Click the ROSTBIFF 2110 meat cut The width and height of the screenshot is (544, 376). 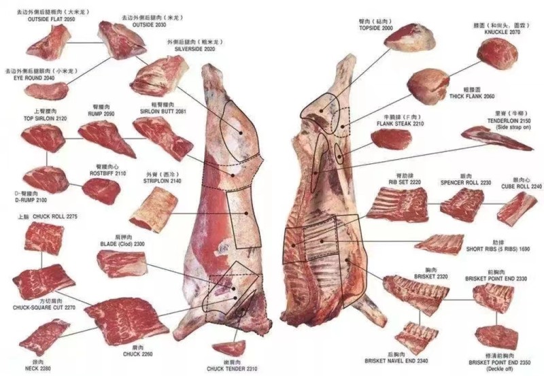(x=101, y=190)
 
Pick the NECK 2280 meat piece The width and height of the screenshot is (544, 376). (x=44, y=336)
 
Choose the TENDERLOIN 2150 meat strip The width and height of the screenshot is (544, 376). (x=496, y=138)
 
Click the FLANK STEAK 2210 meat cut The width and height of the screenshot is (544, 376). (x=391, y=139)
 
